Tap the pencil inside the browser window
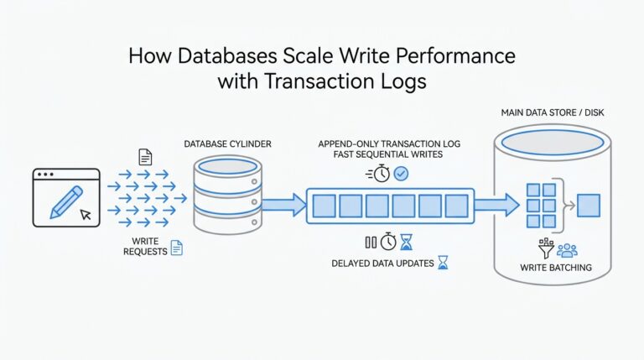(66, 196)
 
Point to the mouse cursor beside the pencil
(85, 214)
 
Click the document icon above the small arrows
(145, 156)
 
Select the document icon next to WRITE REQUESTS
(177, 248)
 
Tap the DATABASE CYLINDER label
(228, 144)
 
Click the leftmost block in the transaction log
(325, 204)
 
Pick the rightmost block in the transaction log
(456, 204)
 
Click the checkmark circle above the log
(402, 173)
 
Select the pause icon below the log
(370, 242)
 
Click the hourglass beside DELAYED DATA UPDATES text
(443, 263)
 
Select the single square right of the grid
(589, 204)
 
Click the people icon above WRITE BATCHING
(567, 249)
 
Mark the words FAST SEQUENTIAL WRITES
(382, 155)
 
